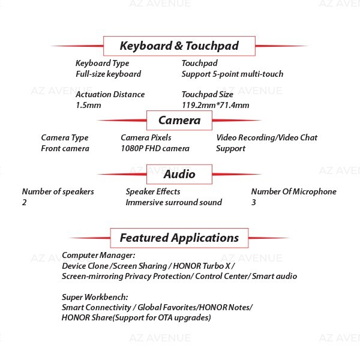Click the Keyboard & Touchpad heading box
coord(179,46)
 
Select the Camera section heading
coord(179,121)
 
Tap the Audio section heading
coord(179,174)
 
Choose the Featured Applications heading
coord(179,238)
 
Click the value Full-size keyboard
coord(109,74)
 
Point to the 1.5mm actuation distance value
coord(88,106)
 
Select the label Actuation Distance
coord(110,94)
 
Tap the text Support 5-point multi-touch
coord(232,74)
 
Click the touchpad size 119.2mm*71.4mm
coord(215,106)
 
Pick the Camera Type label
coord(65,138)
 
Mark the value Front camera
coord(65,149)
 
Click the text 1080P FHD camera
coord(155,149)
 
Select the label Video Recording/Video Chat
coord(267,138)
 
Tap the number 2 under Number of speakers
coord(24,203)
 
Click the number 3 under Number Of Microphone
coord(253,203)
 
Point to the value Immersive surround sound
coord(174,203)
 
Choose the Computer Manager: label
coord(98,256)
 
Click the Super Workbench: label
coord(95,298)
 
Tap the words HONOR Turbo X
coord(202,266)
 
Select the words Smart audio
coord(275,276)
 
